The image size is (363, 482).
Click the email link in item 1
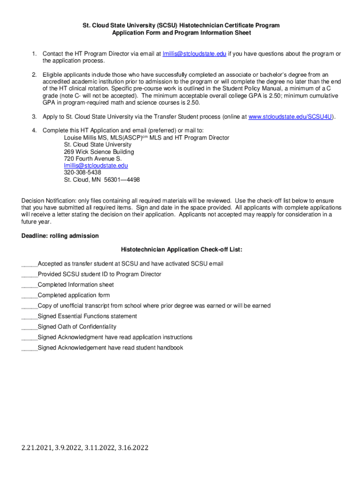[x=194, y=54]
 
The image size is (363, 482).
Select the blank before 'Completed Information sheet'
[x=29, y=285]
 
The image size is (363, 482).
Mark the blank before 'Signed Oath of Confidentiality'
[x=29, y=327]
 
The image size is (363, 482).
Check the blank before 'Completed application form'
[x=29, y=296]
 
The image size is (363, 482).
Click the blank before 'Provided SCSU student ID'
[x=29, y=274]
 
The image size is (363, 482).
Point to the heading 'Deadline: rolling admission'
[x=60, y=236]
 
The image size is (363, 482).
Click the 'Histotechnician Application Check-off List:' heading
[x=181, y=249]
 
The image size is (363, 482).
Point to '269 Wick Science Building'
[x=99, y=152]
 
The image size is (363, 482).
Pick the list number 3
[x=34, y=117]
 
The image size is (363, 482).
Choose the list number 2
[x=34, y=75]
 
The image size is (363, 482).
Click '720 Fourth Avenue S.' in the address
[x=93, y=159]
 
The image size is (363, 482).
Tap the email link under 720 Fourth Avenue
[x=96, y=166]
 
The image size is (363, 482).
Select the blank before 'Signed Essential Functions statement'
[x=29, y=317]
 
